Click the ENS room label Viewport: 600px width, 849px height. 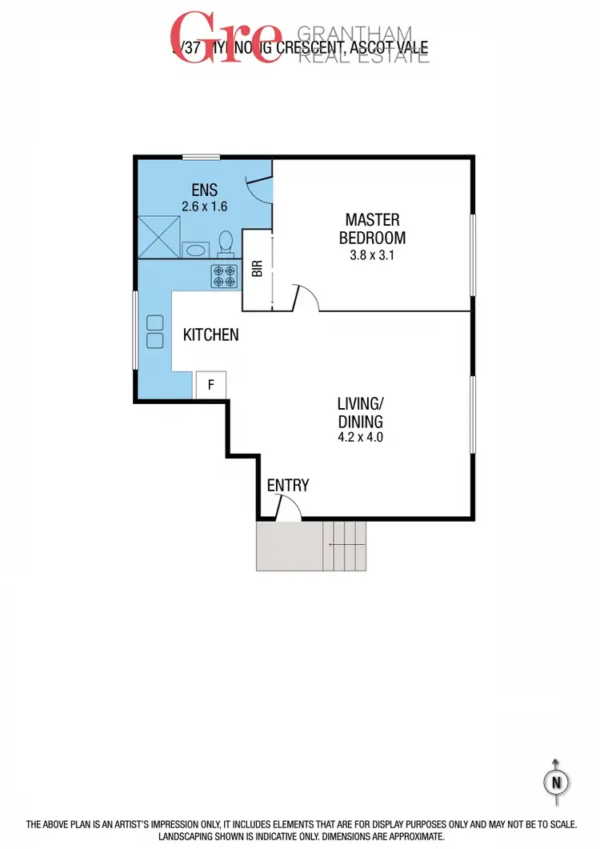point(205,190)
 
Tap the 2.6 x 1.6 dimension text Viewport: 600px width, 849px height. point(205,206)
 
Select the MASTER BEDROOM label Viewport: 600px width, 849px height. point(372,228)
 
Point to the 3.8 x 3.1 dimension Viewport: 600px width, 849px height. point(372,257)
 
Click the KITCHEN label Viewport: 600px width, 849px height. point(211,334)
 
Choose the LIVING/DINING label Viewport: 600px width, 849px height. point(359,414)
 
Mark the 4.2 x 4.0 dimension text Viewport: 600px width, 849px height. point(359,438)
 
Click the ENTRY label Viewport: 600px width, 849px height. point(288,485)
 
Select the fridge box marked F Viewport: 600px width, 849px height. point(211,385)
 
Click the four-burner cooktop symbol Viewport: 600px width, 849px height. point(225,276)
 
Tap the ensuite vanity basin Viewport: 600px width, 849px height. point(195,249)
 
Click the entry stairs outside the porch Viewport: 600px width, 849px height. point(344,546)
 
